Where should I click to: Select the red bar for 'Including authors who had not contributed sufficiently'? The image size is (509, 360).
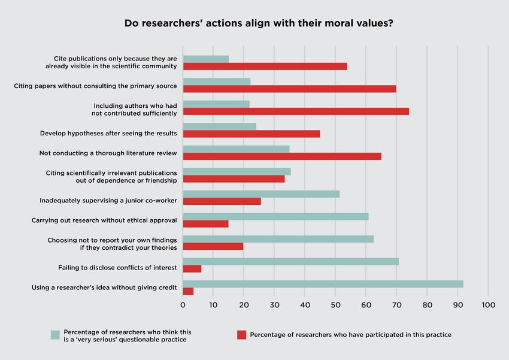point(296,111)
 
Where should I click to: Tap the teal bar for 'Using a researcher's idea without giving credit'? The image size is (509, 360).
point(323,284)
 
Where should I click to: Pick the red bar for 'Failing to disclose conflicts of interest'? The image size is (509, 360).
point(192,269)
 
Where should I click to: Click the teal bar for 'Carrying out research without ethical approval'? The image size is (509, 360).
point(275,216)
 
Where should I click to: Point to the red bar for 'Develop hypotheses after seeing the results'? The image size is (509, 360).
point(252,134)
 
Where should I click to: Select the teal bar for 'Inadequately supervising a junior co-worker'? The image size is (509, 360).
point(261,193)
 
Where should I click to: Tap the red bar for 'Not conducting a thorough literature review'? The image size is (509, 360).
point(282,156)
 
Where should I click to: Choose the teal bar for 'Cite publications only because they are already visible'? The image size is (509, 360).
point(206,59)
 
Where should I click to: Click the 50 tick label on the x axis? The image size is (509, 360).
point(335,305)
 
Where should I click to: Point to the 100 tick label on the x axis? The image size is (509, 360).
point(488,305)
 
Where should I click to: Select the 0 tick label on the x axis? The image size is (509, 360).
point(183,305)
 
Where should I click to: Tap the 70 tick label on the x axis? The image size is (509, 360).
point(396,305)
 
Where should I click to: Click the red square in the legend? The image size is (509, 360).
point(241,335)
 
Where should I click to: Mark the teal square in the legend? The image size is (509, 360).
point(55,335)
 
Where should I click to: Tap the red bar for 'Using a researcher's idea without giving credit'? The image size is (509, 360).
point(188,291)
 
